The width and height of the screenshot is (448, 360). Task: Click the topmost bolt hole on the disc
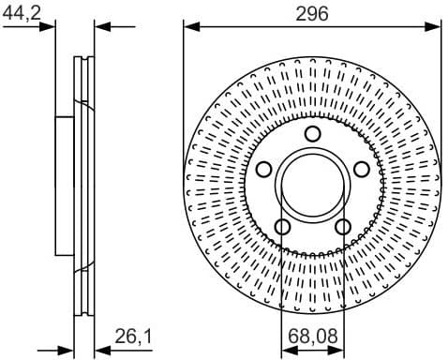coord(312,133)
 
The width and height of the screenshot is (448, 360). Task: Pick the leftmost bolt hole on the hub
coord(263,169)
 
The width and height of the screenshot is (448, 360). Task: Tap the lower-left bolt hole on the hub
coord(282,226)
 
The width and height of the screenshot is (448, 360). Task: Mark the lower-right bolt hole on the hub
coord(342,226)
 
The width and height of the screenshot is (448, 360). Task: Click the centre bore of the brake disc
coord(312,185)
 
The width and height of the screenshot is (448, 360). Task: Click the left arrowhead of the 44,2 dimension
coord(49,26)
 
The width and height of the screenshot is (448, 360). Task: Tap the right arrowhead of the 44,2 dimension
coord(100,26)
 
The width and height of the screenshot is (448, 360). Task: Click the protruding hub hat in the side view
coord(64,185)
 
